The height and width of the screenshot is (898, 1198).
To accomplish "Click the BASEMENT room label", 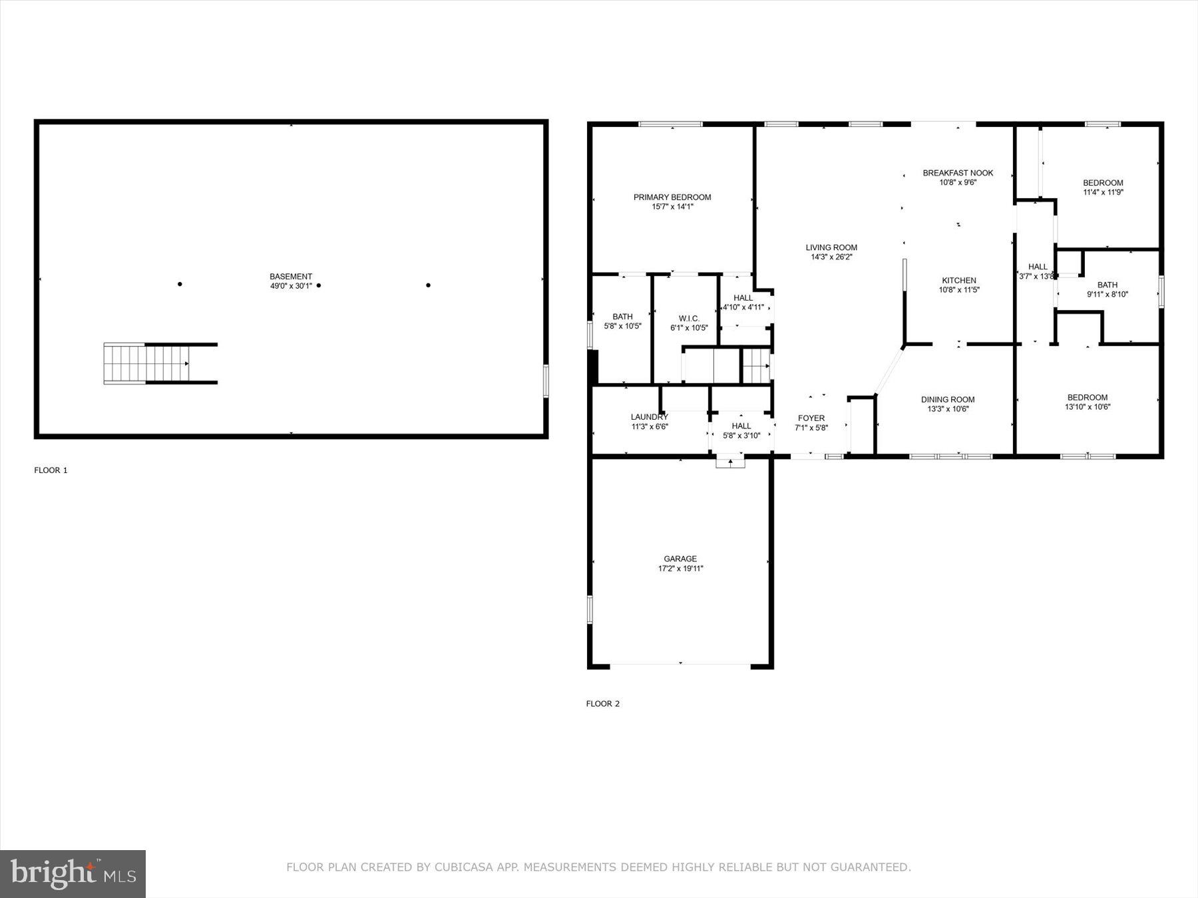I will tap(290, 277).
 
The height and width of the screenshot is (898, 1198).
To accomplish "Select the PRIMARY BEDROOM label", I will tap(672, 197).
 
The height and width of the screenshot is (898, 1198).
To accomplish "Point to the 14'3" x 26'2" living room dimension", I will tap(831, 257).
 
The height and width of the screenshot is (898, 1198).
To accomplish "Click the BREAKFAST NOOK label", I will tap(957, 173).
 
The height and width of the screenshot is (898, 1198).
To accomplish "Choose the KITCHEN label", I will tap(958, 280).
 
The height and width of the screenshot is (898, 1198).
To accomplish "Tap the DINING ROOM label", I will tap(947, 399).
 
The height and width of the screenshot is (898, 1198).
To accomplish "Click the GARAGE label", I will tap(680, 559).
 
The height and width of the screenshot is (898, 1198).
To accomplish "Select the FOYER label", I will tap(811, 418).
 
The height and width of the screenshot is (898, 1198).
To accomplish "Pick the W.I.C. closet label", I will tap(688, 318).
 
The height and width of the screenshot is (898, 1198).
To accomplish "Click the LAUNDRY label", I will tap(649, 417).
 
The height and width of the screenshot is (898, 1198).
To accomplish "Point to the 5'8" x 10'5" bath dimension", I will tap(622, 326).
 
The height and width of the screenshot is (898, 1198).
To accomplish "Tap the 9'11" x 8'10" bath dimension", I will tap(1107, 294).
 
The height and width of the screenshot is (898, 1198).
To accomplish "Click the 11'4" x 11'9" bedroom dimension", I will tap(1102, 192).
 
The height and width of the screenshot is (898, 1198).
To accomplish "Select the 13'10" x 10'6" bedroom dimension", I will tap(1087, 407).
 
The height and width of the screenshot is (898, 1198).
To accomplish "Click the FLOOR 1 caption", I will tap(51, 470).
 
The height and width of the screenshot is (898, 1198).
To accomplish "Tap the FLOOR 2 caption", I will tap(602, 704).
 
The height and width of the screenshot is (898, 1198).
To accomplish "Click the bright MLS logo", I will tap(73, 873).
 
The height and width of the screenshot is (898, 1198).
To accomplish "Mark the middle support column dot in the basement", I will tap(319, 285).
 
